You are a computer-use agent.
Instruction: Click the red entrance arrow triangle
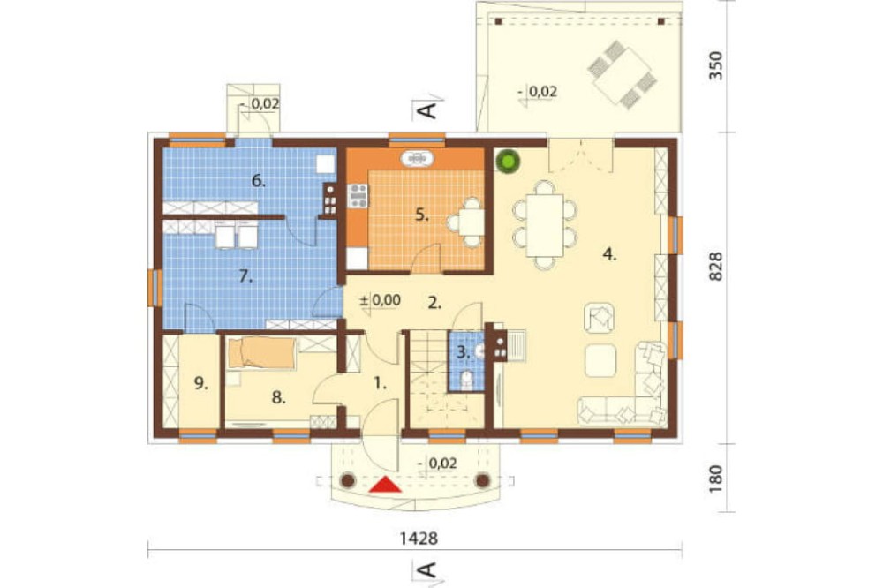pyautogui.click(x=385, y=485)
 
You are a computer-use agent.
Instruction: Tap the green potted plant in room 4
pyautogui.click(x=508, y=162)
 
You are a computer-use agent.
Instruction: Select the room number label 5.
pyautogui.click(x=422, y=215)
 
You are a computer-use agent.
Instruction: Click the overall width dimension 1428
pyautogui.click(x=419, y=539)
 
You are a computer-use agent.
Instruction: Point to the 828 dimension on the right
pyautogui.click(x=715, y=267)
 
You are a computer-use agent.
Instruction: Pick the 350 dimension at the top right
pyautogui.click(x=715, y=65)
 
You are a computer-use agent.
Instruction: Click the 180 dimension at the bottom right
pyautogui.click(x=715, y=479)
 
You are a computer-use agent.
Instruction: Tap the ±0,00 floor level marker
pyautogui.click(x=380, y=300)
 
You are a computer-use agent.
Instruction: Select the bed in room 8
pyautogui.click(x=261, y=353)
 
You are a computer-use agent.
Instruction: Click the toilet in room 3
pyautogui.click(x=465, y=380)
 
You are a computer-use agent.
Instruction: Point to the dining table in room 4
pyautogui.click(x=545, y=225)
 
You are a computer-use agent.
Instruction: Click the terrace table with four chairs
pyautogui.click(x=622, y=74)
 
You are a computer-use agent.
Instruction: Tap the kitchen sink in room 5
pyautogui.click(x=418, y=158)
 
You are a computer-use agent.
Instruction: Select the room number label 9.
pyautogui.click(x=200, y=383)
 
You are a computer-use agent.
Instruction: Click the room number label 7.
pyautogui.click(x=245, y=276)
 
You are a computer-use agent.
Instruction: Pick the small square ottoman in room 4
pyautogui.click(x=600, y=360)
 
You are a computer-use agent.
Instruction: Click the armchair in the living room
pyautogui.click(x=600, y=319)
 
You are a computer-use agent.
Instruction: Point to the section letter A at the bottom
pyautogui.click(x=428, y=570)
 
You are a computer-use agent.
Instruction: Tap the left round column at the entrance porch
pyautogui.click(x=348, y=480)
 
